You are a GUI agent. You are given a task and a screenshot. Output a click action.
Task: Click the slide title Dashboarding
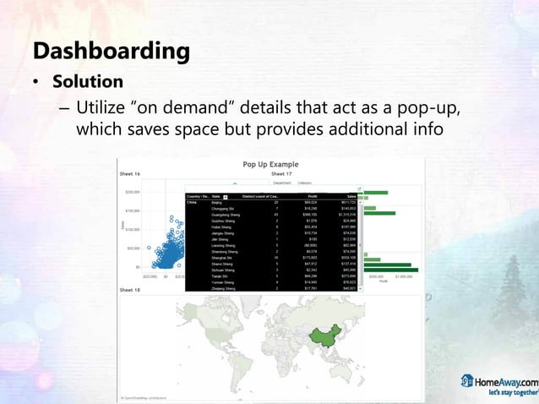pos(111,51)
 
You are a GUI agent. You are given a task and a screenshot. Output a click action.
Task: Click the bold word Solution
pos(88,83)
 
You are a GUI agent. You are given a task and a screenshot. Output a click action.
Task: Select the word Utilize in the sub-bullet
pos(106,109)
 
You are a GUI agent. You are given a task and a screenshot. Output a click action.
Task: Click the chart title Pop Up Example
pos(270,164)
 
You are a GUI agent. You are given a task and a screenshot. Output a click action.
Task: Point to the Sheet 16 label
pos(130,173)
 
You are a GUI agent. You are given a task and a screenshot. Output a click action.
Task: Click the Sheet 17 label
pos(280,173)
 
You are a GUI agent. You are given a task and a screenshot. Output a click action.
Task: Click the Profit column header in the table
pos(312,196)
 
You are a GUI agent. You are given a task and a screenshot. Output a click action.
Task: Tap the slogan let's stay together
pos(511,393)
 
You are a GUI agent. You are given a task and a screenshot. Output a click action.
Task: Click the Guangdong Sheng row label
pos(225,215)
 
